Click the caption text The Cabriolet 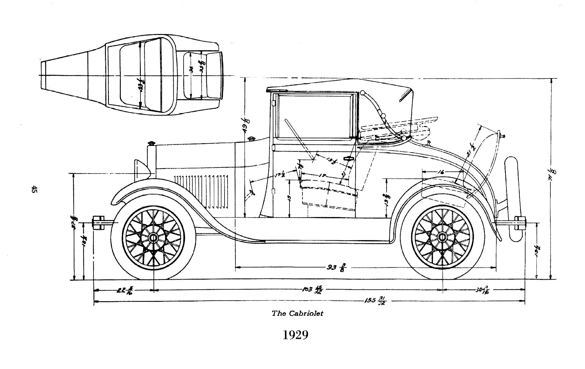pyautogui.click(x=297, y=313)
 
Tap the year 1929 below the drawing pyautogui.click(x=296, y=335)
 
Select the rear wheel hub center pyautogui.click(x=442, y=237)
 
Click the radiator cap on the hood pyautogui.click(x=151, y=143)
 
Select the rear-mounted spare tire pyautogui.click(x=513, y=199)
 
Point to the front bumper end pyautogui.click(x=98, y=223)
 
